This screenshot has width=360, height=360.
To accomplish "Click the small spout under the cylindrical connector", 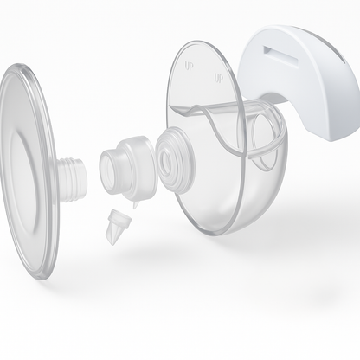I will tap(135, 202).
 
